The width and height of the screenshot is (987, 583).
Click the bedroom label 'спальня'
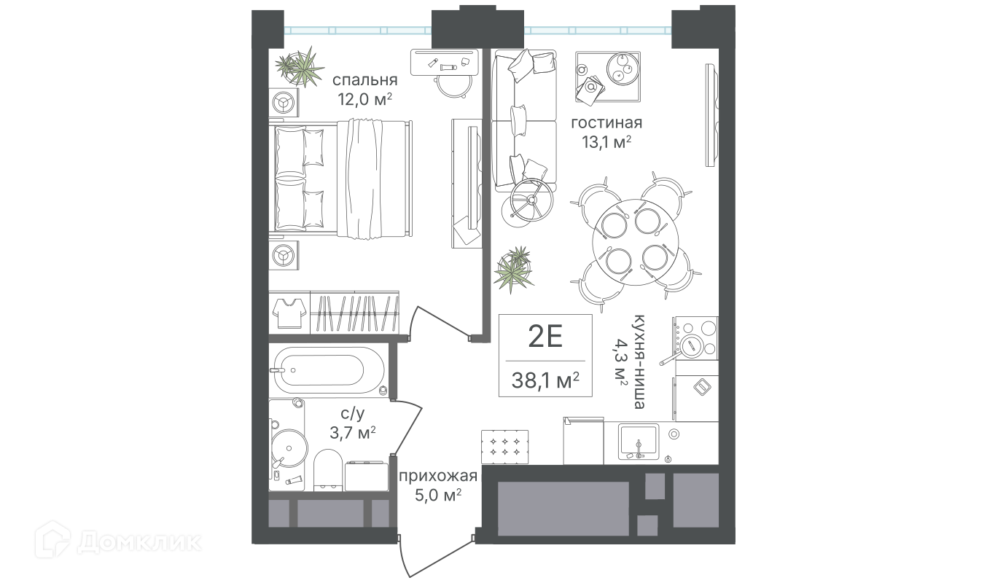[x=364, y=81]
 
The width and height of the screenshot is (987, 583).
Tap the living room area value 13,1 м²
[x=606, y=142]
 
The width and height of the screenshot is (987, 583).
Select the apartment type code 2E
[x=545, y=337]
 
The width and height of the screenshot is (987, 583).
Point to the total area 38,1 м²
[x=545, y=380]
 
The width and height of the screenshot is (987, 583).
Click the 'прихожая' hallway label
[x=438, y=476]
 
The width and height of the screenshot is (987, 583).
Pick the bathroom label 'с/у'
[x=353, y=413]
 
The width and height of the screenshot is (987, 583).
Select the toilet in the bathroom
[x=328, y=470]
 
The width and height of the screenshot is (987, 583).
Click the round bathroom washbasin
[x=289, y=448]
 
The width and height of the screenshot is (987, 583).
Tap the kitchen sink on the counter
[x=639, y=442]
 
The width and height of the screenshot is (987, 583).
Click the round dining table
[x=636, y=243]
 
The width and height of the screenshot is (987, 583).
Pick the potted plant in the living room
[x=513, y=269]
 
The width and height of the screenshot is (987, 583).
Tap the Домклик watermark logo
[x=118, y=541]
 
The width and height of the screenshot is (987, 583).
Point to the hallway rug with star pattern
[x=504, y=447]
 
